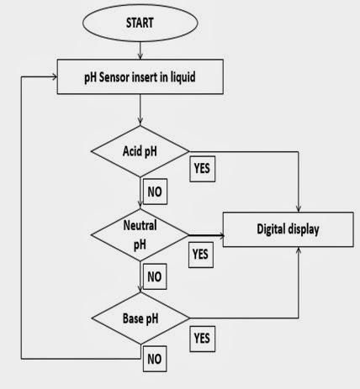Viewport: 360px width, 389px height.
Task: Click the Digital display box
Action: (288, 228)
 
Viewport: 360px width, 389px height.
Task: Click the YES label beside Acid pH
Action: (202, 167)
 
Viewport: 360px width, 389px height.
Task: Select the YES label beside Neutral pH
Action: (200, 252)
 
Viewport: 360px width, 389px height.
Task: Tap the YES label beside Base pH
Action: (202, 339)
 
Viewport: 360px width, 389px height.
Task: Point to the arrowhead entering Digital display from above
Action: (300, 207)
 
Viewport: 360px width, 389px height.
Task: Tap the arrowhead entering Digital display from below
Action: (300, 253)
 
